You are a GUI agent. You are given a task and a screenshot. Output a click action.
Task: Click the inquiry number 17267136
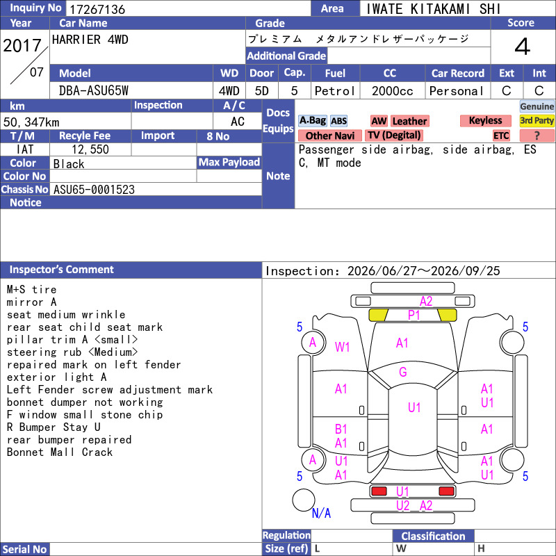tap(97, 9)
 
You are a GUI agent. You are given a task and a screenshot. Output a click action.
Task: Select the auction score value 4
tap(523, 47)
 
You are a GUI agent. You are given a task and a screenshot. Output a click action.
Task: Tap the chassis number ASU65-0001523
tap(94, 190)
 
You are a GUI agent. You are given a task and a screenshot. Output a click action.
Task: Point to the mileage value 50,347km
tap(31, 122)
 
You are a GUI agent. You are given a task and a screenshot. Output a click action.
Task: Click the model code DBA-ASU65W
tap(94, 91)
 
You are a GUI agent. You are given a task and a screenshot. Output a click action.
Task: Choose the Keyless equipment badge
tap(485, 120)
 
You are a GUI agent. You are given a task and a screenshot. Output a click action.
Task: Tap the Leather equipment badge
tap(410, 121)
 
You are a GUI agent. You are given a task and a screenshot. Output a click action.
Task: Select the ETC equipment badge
tap(501, 136)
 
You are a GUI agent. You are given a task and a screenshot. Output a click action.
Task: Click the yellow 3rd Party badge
tap(537, 120)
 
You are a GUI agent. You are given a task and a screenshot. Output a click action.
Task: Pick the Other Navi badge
tap(329, 136)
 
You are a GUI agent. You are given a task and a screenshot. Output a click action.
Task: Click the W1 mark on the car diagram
tap(342, 347)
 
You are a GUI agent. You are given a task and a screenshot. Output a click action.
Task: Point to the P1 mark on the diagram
tap(414, 315)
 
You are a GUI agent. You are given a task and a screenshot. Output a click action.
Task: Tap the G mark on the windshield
tap(403, 372)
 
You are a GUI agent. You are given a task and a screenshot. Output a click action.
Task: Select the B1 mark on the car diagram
tap(341, 430)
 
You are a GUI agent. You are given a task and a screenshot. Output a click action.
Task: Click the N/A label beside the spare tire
tap(321, 513)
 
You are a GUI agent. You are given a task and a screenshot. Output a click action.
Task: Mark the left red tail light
tap(379, 491)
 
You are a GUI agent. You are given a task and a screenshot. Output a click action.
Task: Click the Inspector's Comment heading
tap(62, 270)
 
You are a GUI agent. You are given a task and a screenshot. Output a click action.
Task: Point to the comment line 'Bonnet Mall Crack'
tap(60, 452)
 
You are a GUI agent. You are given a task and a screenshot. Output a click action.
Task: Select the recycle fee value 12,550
tap(90, 149)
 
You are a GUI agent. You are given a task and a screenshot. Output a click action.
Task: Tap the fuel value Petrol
tap(335, 91)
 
